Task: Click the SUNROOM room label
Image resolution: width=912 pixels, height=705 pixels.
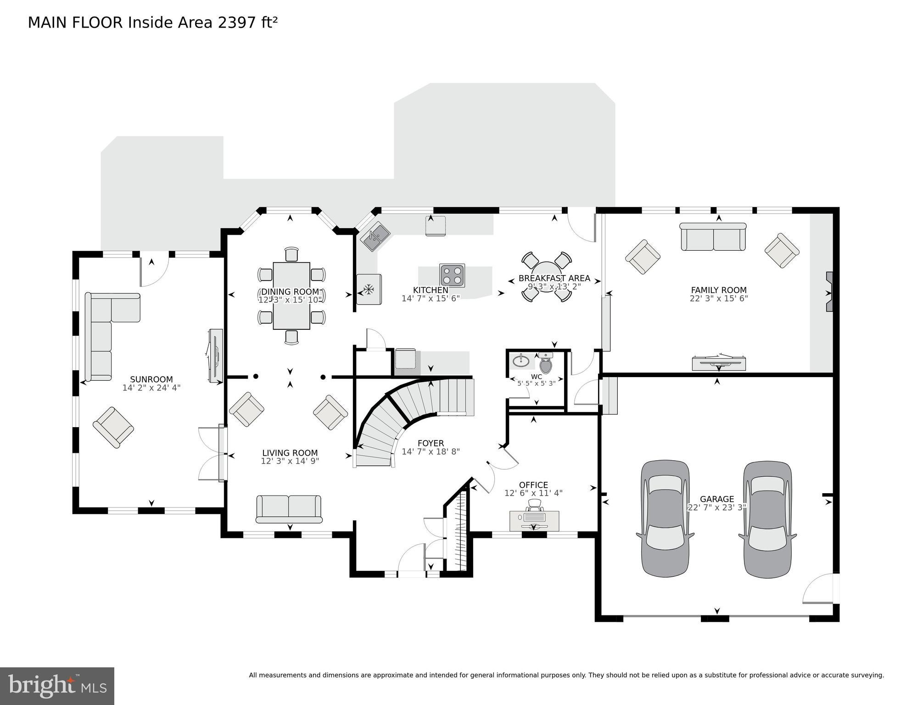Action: (151, 379)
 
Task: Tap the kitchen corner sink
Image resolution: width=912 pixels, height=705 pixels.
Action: (375, 236)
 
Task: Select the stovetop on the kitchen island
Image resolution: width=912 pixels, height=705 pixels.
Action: (452, 276)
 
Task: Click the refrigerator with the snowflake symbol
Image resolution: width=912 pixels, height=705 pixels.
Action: (369, 289)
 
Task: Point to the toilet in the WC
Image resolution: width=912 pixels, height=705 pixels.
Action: (546, 365)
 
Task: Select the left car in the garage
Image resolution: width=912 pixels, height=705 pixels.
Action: (665, 518)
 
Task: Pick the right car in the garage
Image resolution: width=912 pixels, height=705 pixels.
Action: (767, 518)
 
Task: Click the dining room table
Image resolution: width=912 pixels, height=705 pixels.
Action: (291, 296)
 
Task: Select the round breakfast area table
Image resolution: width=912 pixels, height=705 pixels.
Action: (547, 276)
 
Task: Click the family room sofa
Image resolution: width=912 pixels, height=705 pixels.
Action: (713, 237)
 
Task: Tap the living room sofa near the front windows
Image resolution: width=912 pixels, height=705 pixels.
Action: (289, 509)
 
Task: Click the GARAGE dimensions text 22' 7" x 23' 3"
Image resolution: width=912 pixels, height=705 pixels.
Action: (716, 508)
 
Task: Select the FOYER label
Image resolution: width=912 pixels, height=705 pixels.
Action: (431, 443)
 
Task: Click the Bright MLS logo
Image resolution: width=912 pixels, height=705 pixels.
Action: (57, 686)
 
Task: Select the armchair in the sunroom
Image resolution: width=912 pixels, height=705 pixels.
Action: (113, 427)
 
